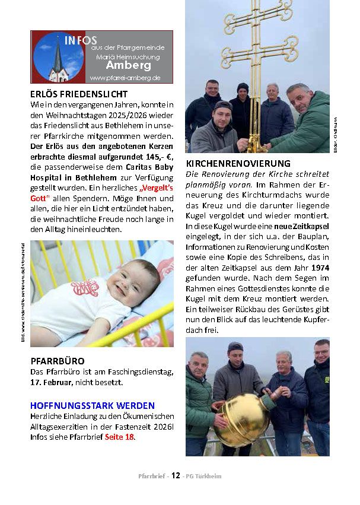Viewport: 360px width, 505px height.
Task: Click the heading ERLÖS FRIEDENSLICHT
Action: click(78, 94)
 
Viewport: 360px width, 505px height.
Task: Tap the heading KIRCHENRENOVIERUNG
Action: click(238, 163)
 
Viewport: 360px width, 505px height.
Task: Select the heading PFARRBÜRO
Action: click(58, 360)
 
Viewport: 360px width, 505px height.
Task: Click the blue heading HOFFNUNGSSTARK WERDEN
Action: click(93, 405)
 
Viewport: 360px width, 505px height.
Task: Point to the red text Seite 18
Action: click(120, 437)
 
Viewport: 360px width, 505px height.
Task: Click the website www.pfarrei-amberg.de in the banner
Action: click(125, 78)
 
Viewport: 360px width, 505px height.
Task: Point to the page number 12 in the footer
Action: click(176, 475)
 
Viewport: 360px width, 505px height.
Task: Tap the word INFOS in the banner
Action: click(81, 40)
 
